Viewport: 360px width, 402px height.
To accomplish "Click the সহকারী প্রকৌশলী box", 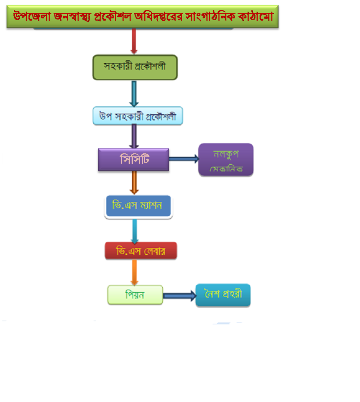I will point(135,67).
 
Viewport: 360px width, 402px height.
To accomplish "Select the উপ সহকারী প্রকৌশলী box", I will point(138,116).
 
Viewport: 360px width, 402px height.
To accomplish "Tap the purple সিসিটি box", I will point(133,159).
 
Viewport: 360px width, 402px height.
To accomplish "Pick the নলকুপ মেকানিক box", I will point(226,160).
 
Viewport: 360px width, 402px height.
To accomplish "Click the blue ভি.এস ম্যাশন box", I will point(138,206).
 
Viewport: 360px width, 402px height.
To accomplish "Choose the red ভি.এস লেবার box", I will point(141,250).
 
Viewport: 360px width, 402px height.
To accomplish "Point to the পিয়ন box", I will point(135,295).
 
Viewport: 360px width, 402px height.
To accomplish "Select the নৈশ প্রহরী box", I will point(223,295).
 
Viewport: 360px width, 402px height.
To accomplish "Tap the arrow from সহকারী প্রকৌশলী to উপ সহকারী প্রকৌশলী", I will point(134,94).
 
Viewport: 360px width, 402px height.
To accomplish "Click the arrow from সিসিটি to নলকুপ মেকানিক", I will point(184,159).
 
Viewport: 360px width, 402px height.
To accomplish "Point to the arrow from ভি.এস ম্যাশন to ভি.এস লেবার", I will point(135,231).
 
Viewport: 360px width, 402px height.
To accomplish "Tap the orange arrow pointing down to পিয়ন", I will point(135,272).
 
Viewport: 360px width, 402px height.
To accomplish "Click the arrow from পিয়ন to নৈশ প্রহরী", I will point(179,295).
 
